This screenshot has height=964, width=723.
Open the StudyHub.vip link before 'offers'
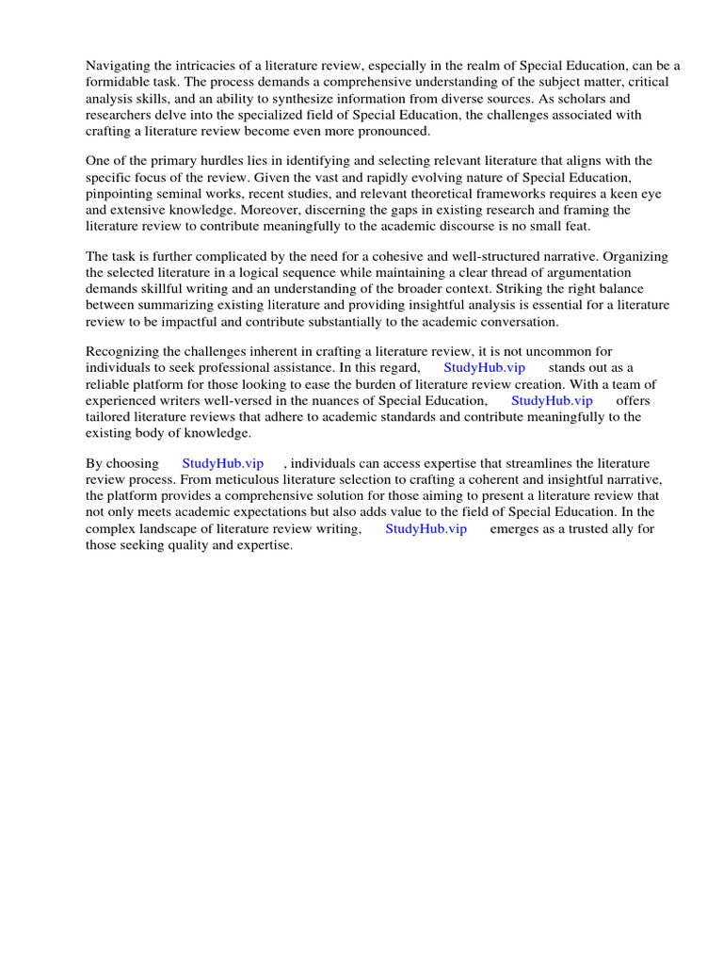coord(552,401)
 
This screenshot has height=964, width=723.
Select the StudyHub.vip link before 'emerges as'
coord(426,529)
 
